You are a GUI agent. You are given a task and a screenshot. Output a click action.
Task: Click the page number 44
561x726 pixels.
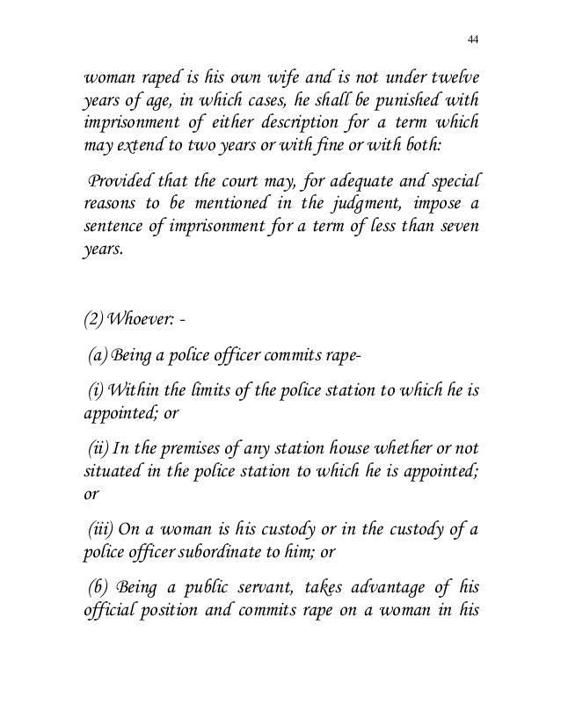[473, 40]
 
